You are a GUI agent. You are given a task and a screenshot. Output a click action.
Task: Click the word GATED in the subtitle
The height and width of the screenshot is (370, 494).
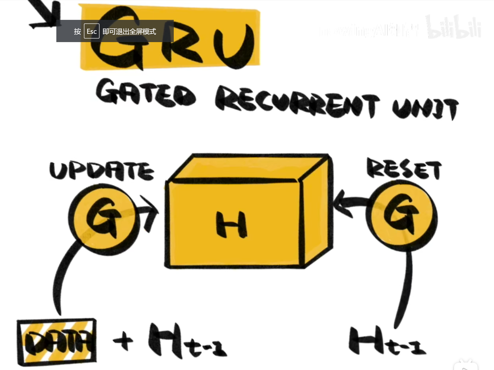145,93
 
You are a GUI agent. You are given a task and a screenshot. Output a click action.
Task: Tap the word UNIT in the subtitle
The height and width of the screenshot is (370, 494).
425,108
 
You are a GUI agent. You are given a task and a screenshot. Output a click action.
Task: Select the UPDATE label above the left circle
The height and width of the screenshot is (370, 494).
101,171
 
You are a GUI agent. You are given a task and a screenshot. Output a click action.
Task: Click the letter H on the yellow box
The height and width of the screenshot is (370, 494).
231,225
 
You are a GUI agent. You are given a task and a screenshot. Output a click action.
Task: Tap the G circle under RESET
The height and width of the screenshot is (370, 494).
401,216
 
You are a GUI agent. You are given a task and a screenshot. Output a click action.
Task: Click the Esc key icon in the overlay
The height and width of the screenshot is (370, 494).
92,31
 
